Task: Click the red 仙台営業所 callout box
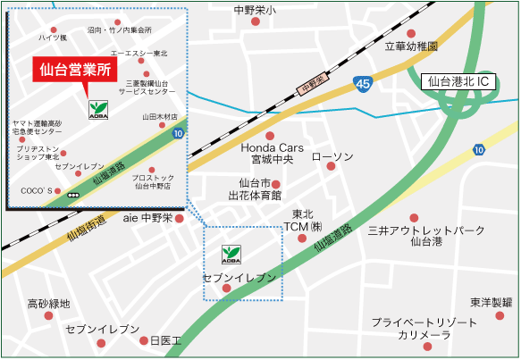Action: click(76, 71)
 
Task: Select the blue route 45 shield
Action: click(361, 82)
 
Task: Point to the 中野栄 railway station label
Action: click(313, 86)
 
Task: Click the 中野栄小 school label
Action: click(255, 10)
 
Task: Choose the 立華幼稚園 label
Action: click(411, 46)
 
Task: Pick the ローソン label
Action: click(332, 156)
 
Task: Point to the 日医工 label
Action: click(165, 340)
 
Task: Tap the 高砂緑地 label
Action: click(48, 304)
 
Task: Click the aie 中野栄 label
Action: click(147, 218)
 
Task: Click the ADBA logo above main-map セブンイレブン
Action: click(231, 255)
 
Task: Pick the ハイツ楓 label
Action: click(52, 38)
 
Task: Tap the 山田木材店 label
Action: click(160, 117)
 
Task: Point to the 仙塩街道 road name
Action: click(86, 228)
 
